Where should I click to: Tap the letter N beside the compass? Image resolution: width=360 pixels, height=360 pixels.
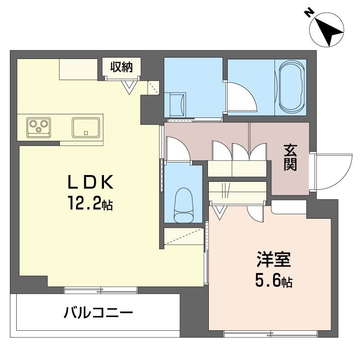309,12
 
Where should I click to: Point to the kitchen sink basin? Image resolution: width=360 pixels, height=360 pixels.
86,127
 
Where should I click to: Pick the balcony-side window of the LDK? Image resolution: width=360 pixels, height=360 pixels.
100,289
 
